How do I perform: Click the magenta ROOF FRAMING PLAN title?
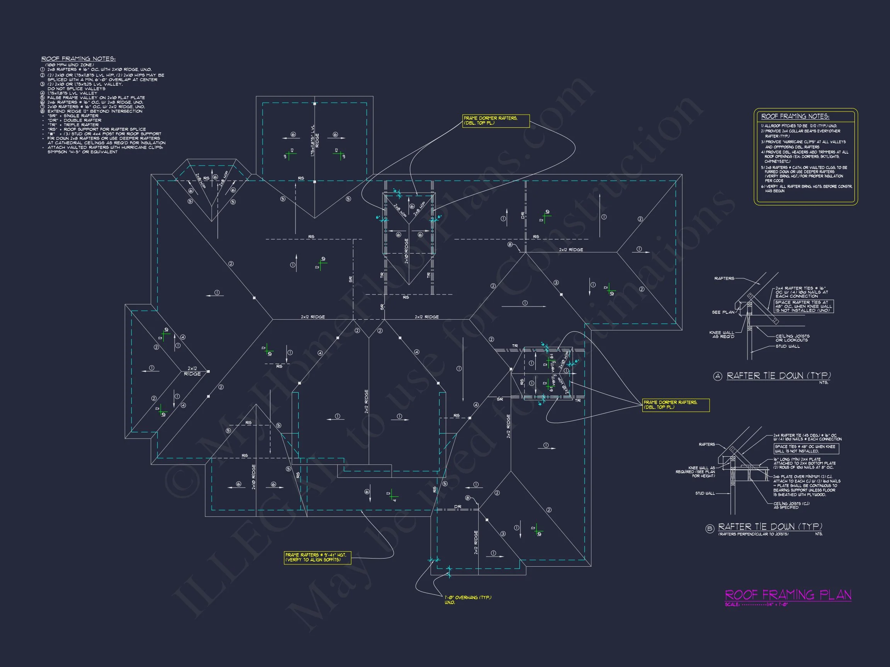(788, 595)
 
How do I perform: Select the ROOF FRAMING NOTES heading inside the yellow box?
(795, 117)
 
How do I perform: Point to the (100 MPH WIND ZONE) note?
(70, 65)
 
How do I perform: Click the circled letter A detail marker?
(717, 376)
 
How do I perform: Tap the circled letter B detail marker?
(710, 529)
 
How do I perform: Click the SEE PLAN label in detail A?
(723, 312)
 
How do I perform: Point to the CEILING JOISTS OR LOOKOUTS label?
(792, 338)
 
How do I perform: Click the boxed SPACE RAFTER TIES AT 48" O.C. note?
(803, 306)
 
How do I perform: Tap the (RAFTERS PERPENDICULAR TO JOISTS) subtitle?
(753, 534)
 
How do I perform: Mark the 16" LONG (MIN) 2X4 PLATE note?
(804, 463)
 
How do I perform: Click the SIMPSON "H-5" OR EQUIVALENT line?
(83, 152)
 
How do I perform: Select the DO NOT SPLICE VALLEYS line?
(76, 88)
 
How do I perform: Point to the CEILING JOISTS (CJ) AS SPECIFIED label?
(791, 505)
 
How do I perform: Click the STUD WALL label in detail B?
(705, 493)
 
